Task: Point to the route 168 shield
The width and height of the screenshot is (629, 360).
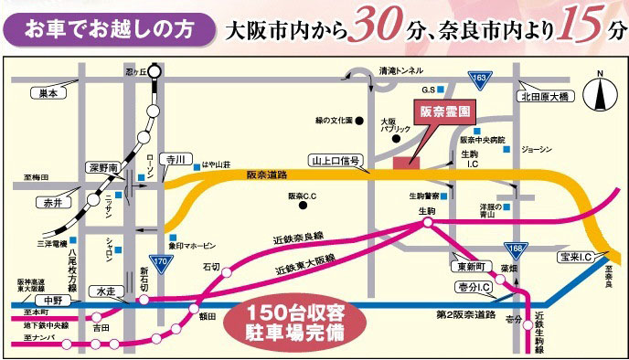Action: point(515,246)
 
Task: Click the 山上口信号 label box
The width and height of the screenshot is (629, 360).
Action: point(336,159)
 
